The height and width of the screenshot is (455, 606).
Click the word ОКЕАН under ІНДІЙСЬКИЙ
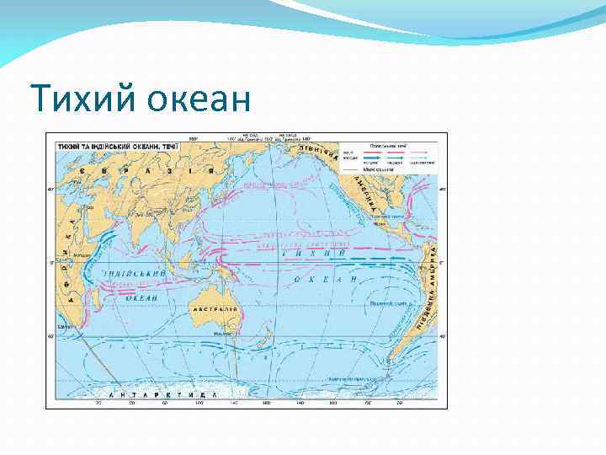click(141, 297)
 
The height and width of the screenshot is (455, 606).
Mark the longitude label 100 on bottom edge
click(199, 404)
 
